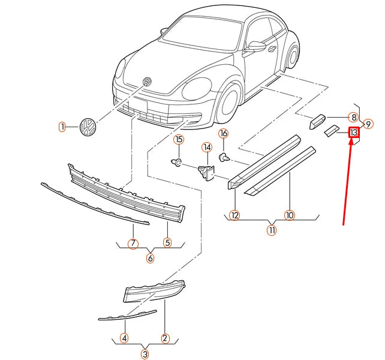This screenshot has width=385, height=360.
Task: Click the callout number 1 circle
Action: (62, 127)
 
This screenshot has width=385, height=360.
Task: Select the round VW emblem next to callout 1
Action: (88, 127)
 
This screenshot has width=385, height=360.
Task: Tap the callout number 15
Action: (178, 140)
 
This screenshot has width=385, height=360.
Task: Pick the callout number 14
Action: (207, 147)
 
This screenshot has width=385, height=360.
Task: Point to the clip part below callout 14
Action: (207, 171)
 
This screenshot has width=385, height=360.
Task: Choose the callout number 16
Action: (223, 133)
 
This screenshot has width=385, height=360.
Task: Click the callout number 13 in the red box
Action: (354, 132)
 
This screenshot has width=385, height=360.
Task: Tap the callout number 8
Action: (354, 118)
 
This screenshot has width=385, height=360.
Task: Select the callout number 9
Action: (369, 124)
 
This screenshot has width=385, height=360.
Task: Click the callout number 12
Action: (234, 215)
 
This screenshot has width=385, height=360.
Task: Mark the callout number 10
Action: (290, 215)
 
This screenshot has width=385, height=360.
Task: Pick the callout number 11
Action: (272, 230)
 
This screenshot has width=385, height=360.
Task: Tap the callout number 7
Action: (133, 244)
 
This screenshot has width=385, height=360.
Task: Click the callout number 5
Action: (167, 243)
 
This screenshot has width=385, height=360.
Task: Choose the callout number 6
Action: (150, 259)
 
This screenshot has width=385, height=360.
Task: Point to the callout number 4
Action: (124, 338)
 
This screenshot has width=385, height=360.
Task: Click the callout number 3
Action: (145, 353)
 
